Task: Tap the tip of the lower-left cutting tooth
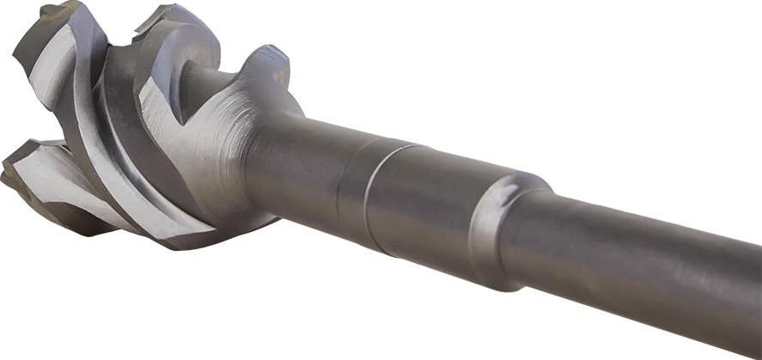click(x=7, y=172)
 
